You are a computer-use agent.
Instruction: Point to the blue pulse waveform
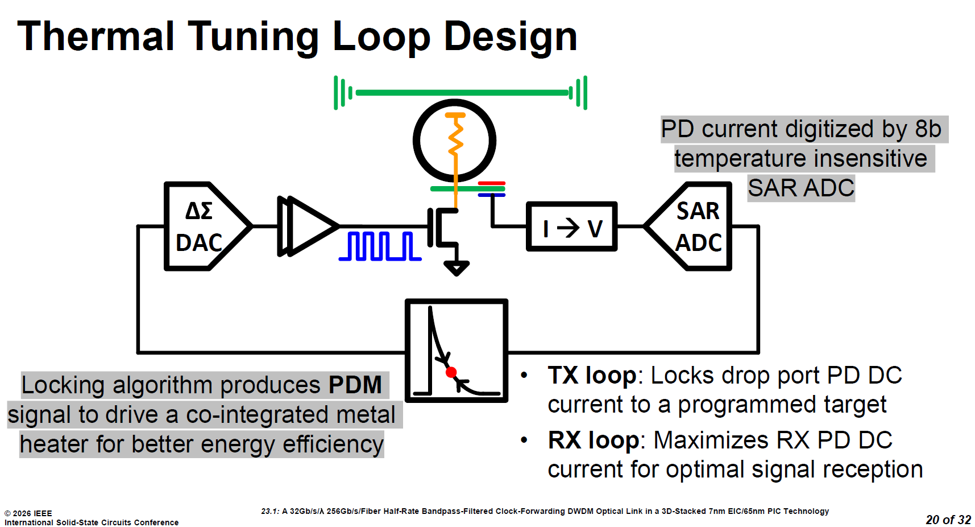pos(380,246)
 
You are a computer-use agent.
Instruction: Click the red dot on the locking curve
pos(451,372)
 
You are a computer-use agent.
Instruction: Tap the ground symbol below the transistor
pos(456,267)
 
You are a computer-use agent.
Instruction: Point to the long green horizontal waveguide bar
pos(460,92)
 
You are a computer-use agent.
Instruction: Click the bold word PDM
pos(355,385)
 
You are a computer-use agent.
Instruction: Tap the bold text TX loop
pos(592,376)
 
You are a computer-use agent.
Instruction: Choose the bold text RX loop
pos(594,440)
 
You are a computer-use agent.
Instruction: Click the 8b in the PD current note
pos(928,129)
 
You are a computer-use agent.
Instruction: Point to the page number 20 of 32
pos(948,520)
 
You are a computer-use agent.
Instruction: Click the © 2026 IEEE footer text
pos(28,513)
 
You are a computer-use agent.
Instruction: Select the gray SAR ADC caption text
pos(801,188)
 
